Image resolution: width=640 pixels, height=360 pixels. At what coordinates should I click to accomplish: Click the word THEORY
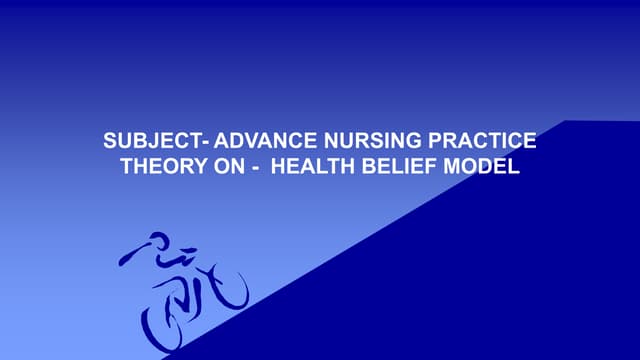click(x=159, y=167)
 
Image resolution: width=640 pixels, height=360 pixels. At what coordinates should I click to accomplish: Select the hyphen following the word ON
click(x=256, y=168)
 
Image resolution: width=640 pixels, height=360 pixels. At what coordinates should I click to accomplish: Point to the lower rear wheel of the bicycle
click(x=165, y=325)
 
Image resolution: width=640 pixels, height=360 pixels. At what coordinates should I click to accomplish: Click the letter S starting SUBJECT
click(x=109, y=142)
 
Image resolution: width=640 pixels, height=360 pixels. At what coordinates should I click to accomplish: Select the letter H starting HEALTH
click(x=279, y=167)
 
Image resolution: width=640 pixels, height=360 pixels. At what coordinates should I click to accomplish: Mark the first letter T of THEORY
click(x=127, y=167)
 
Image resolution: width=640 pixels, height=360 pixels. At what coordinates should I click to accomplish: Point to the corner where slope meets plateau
click(x=566, y=121)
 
